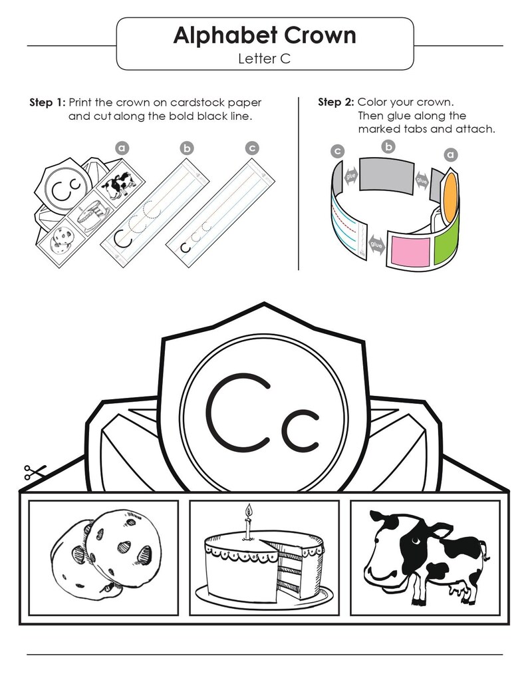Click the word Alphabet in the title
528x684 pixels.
click(x=225, y=36)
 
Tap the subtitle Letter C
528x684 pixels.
click(x=264, y=59)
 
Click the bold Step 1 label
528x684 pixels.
click(x=47, y=103)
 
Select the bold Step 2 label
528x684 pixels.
click(x=336, y=102)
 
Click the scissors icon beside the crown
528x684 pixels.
click(x=35, y=472)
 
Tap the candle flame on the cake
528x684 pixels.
click(x=249, y=510)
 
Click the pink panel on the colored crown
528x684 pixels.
click(x=410, y=251)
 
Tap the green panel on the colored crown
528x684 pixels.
click(x=446, y=242)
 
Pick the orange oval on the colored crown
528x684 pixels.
click(x=450, y=196)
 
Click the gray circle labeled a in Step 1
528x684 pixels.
click(x=122, y=148)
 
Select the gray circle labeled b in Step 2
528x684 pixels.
click(x=388, y=146)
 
